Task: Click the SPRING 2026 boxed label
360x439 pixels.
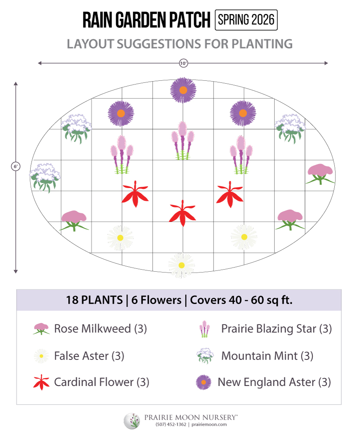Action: (x=246, y=20)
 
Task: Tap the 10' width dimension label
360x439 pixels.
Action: (x=183, y=63)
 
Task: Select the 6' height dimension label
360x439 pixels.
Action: (x=16, y=166)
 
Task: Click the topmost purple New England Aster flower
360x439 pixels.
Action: (x=183, y=90)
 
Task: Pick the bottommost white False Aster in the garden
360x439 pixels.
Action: (x=181, y=265)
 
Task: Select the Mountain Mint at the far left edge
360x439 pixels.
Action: (x=44, y=177)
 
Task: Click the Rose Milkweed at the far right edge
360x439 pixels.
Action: (x=320, y=173)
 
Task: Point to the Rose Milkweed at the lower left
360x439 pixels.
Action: (x=74, y=220)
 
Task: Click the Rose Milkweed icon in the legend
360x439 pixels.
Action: (x=41, y=329)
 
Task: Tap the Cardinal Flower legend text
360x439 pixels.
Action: (x=101, y=382)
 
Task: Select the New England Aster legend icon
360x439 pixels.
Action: (x=204, y=382)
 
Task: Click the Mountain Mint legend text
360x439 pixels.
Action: (x=267, y=355)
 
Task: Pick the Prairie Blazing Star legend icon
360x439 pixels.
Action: (x=204, y=329)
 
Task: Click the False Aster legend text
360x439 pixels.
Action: (x=89, y=355)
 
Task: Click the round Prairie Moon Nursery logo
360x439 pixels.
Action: (x=132, y=421)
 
